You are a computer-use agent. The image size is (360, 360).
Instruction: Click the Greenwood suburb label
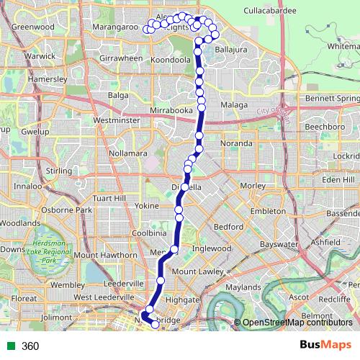pos(33,27)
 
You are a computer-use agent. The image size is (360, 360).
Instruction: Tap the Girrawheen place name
pos(122,58)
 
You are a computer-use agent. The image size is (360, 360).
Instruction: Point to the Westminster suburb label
pos(116,120)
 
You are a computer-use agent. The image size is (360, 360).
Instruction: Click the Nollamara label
pos(127,153)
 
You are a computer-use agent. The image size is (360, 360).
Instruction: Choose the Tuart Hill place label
pos(109,198)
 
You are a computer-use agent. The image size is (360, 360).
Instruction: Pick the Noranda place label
pos(237,143)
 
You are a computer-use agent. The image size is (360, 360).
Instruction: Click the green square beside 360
pos(9,346)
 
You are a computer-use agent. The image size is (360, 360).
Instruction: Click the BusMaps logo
pos(321,346)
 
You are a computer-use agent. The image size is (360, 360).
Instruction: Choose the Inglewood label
pos(210,248)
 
